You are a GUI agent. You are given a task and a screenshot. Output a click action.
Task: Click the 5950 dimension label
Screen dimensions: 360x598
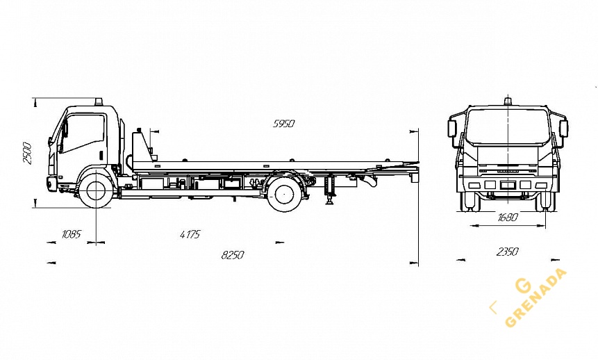[x=283, y=124]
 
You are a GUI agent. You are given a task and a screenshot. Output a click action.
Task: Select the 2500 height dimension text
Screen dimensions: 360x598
[x=27, y=153]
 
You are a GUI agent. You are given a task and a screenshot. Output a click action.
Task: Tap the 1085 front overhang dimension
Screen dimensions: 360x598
[x=71, y=234]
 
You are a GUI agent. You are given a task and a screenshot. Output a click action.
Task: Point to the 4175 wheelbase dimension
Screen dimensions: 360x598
[x=190, y=234]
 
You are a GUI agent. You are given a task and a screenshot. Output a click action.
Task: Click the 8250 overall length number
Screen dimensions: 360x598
[x=233, y=255]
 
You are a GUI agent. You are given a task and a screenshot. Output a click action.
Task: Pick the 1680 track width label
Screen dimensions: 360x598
[x=508, y=218]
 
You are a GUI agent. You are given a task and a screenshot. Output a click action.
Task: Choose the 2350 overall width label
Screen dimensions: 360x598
[x=507, y=252]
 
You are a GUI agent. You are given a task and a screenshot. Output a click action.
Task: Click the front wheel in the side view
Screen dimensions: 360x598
[x=96, y=190]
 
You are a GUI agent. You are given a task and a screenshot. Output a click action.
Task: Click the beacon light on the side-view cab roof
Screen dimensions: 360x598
[x=99, y=102]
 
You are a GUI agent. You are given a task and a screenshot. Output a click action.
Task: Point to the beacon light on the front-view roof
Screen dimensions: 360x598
[x=508, y=102]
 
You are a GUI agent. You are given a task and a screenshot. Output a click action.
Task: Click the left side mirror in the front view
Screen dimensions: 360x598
[x=452, y=129]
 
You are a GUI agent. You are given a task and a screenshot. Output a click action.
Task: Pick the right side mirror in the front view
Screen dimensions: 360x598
[x=563, y=129]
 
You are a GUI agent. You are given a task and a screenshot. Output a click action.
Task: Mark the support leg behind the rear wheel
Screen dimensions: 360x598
[x=330, y=190]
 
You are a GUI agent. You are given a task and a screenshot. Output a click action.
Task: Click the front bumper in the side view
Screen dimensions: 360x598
[x=51, y=184]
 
